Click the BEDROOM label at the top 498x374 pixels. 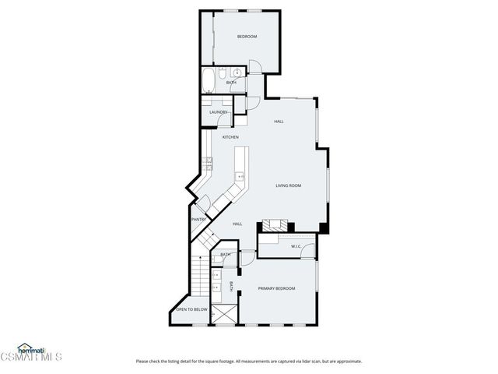pyautogui.click(x=247, y=37)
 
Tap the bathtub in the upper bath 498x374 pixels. pyautogui.click(x=209, y=81)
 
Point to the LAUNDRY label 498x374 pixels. pyautogui.click(x=218, y=112)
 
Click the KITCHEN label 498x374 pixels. pyautogui.click(x=230, y=137)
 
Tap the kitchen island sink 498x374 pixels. pyautogui.click(x=240, y=177)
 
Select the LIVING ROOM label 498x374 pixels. pyautogui.click(x=288, y=185)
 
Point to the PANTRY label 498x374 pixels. pyautogui.click(x=198, y=220)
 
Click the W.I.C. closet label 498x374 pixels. pyautogui.click(x=296, y=247)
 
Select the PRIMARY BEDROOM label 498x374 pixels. pyautogui.click(x=277, y=288)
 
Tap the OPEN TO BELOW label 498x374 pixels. pyautogui.click(x=191, y=309)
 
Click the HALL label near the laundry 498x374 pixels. pyautogui.click(x=279, y=122)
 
